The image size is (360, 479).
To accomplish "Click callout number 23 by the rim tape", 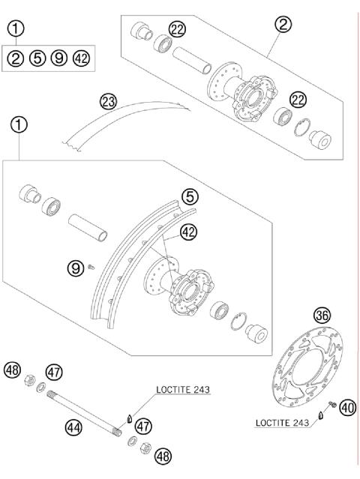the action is coord(109,102).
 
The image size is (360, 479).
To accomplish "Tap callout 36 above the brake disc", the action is coord(322,316).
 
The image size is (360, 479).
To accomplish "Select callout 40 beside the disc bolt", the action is coord(348,408).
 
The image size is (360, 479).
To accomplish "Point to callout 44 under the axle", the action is coord(73,428).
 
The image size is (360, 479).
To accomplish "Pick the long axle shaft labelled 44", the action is coord(84,412).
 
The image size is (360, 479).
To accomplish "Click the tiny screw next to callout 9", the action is coord(91,268).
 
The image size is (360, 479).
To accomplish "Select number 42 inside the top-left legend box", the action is coord(82,58).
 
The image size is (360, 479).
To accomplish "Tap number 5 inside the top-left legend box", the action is coord(37,58).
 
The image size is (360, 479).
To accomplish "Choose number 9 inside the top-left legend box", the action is coord(59,58).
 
